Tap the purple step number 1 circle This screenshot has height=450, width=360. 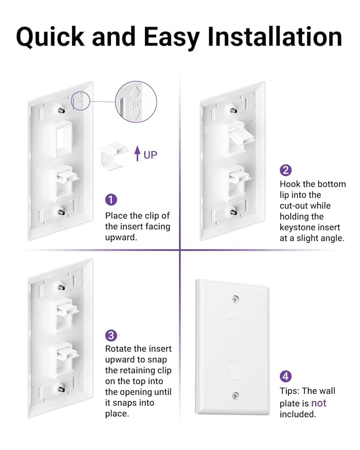111,200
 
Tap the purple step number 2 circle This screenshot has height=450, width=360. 285,170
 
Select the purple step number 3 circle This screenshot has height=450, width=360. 111,335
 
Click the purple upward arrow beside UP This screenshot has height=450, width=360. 138,154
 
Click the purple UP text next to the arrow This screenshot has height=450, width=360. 150,155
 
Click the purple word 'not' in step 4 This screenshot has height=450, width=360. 319,403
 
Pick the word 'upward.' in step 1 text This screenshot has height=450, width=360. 121,237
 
